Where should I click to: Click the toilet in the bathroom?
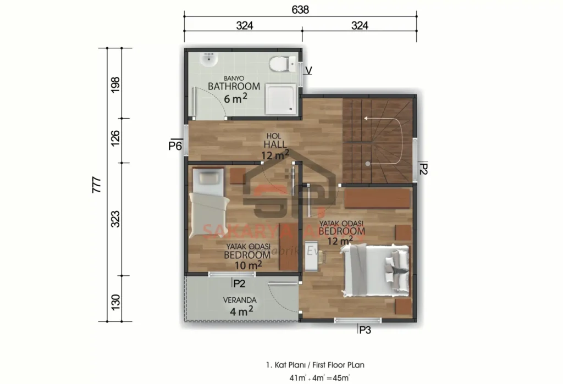coord(279,64)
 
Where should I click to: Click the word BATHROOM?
coord(234,86)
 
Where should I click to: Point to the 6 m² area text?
coord(235,99)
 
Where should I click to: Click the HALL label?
coord(274,144)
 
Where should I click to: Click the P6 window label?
coord(175,146)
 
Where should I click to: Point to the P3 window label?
coord(365,330)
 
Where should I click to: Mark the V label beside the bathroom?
coord(308,70)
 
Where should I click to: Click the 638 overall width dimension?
coord(300,10)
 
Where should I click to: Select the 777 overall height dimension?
coord(96,185)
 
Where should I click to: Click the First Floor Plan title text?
coord(316,365)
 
